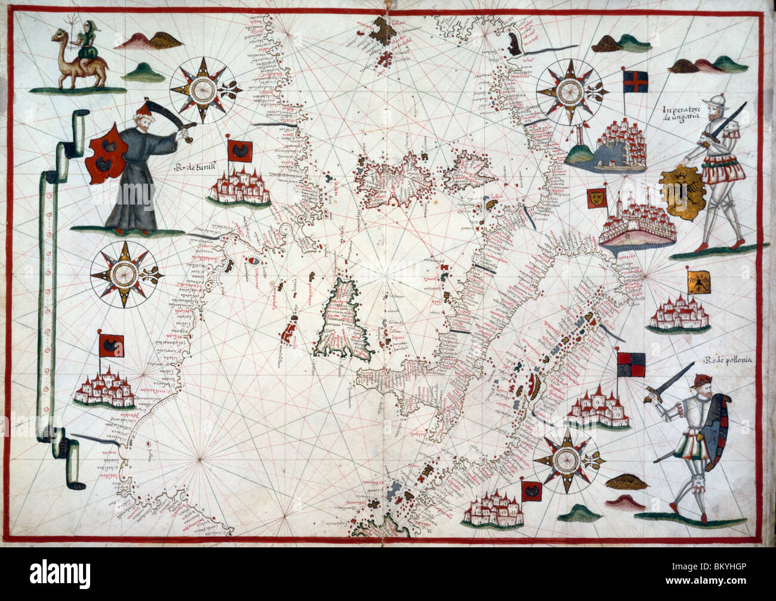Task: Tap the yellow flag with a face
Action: point(595,199)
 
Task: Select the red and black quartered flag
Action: point(630,364)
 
